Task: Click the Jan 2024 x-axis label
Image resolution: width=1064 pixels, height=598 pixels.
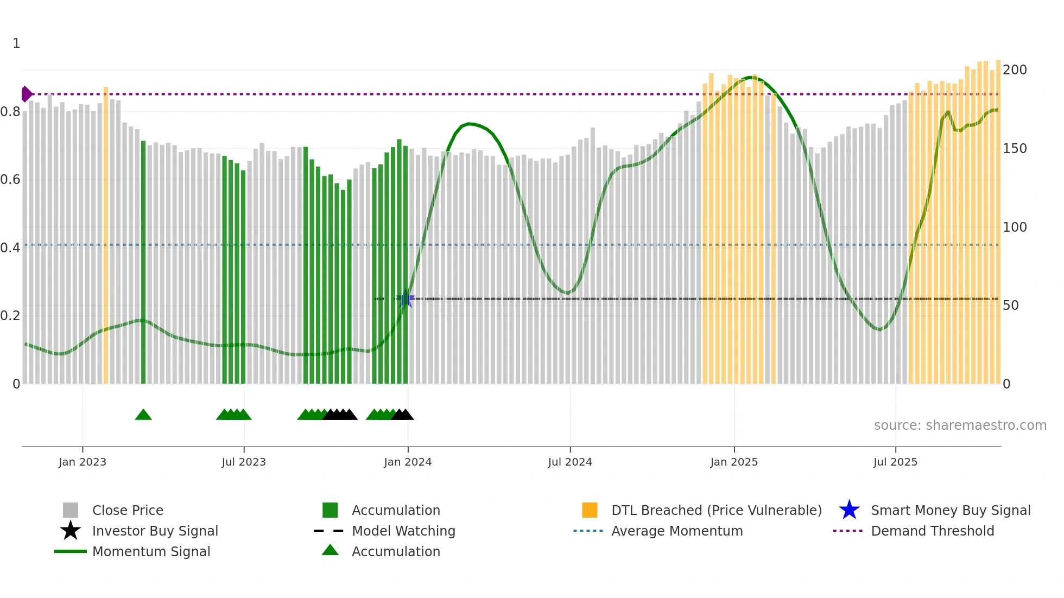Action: [408, 462]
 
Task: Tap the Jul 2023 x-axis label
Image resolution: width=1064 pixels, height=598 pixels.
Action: [244, 462]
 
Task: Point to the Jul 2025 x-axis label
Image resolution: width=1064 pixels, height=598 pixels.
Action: [895, 462]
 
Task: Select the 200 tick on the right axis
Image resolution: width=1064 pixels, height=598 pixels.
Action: [1015, 70]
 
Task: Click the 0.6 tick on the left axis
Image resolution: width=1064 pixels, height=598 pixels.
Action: [10, 180]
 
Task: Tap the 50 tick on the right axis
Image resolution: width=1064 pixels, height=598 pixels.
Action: [1011, 306]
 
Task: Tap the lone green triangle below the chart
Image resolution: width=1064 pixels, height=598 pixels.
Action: [143, 415]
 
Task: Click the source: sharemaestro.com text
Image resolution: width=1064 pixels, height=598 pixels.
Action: [960, 425]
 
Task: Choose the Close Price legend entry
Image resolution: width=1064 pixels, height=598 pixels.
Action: [128, 511]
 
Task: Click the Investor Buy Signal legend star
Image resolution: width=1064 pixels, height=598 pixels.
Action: [71, 531]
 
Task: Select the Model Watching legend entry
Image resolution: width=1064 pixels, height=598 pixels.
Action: [403, 531]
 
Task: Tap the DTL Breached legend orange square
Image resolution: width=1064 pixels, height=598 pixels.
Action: [590, 510]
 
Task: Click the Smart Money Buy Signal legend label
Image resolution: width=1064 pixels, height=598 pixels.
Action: [951, 511]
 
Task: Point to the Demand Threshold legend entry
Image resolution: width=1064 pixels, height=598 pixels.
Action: [932, 531]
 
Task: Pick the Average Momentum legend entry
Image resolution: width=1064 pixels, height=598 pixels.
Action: [676, 531]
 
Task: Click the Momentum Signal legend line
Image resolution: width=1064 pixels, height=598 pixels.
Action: [71, 551]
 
